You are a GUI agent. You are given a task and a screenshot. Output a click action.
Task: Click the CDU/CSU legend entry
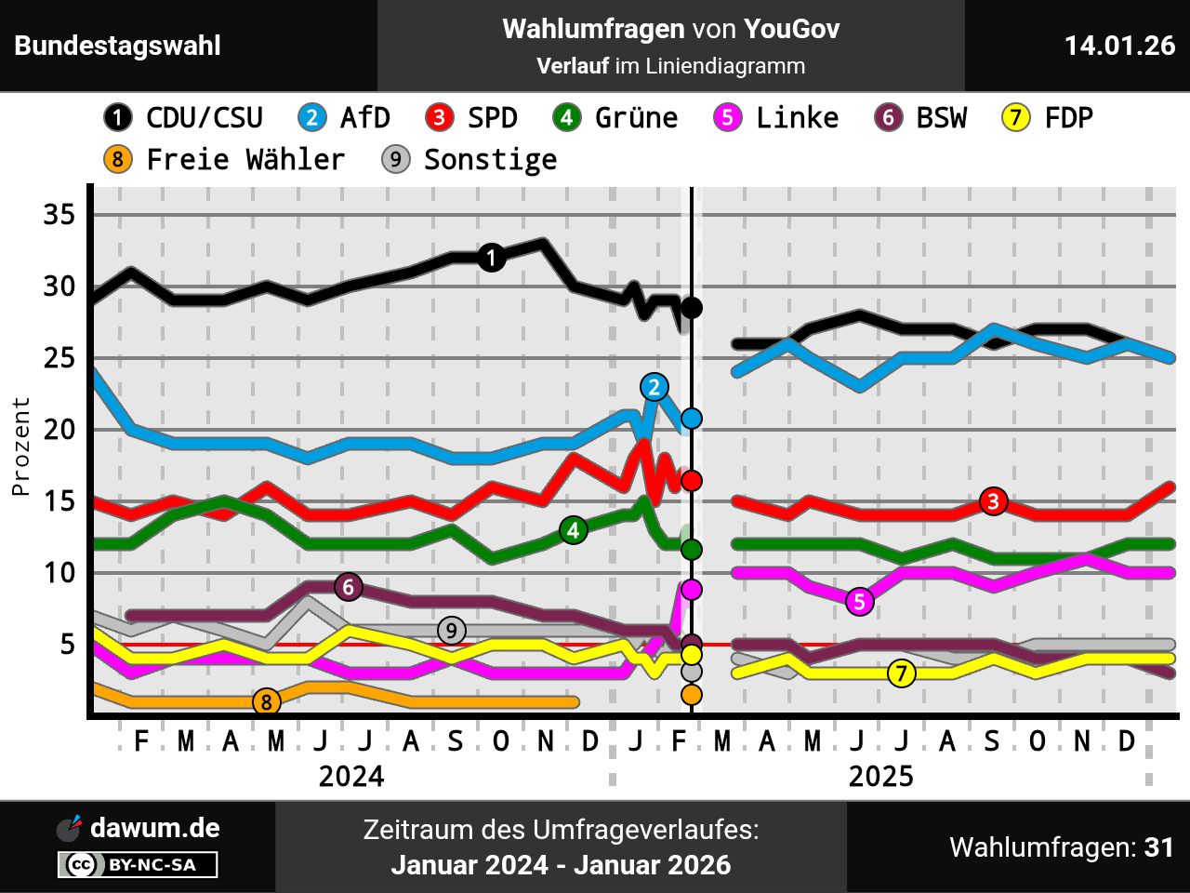point(184,118)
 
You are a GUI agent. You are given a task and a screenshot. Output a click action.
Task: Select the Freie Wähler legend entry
point(225,160)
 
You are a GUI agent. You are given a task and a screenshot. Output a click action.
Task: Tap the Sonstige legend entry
point(469,160)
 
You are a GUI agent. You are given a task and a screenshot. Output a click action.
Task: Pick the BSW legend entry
point(921,118)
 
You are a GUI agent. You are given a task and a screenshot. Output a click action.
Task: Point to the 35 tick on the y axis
point(59,215)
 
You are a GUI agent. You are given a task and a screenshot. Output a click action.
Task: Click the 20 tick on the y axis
point(59,430)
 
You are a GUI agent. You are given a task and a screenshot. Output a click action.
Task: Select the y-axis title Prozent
point(20,446)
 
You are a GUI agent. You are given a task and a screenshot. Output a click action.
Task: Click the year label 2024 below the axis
point(351,777)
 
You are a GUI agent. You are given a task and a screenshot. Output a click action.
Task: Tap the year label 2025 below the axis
point(880,777)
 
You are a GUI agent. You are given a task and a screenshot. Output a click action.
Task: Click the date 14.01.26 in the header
point(1119,46)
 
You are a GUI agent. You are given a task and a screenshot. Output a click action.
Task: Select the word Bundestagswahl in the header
point(118,46)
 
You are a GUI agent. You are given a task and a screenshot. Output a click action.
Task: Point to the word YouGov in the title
point(791,30)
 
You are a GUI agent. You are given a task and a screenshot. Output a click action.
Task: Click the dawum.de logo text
point(155,828)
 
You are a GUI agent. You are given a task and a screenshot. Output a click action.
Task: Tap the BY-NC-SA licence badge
point(138,865)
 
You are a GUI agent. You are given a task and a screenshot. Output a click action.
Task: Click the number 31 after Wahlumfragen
point(1158,847)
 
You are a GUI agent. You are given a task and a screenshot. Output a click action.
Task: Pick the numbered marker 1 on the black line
point(492,258)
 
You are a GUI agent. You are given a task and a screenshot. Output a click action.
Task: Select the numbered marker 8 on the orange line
point(267,702)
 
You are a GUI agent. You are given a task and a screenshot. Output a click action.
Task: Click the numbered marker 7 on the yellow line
point(901,673)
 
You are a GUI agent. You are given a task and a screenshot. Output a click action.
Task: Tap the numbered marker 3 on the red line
point(994,501)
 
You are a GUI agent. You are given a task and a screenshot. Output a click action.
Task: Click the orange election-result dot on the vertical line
point(691,695)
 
